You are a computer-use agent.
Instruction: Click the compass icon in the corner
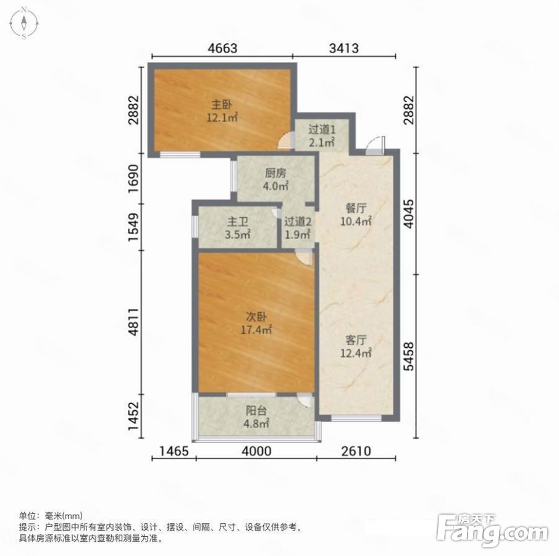[x=24, y=23]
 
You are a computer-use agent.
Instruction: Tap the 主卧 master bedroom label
[x=222, y=104]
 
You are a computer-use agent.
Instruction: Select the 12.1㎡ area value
[x=222, y=117]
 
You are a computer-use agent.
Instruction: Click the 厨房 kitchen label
[x=275, y=174]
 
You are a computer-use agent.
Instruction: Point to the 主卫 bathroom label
[x=238, y=222]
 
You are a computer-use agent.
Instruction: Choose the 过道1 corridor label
[x=322, y=130]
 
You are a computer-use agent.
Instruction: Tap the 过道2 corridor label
[x=298, y=222]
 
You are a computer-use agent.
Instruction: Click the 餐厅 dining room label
[x=356, y=208]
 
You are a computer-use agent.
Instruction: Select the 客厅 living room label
[x=356, y=340]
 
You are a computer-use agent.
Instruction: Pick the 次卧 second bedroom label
[x=256, y=317]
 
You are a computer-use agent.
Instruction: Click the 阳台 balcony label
[x=256, y=410]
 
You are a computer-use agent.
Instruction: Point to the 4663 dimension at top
[x=222, y=48]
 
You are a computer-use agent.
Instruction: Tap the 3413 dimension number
[x=344, y=48]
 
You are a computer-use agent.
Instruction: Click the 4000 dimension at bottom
[x=256, y=451]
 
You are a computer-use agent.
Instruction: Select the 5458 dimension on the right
[x=410, y=356]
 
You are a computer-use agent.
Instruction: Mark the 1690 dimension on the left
[x=133, y=179]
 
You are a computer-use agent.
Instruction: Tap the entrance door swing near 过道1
[x=374, y=146]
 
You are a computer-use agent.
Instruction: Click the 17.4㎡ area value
[x=256, y=330]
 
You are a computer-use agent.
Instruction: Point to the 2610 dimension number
[x=356, y=451]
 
